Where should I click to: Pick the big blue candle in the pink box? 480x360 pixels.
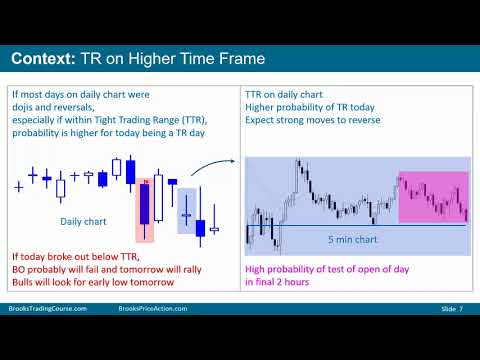(146, 206)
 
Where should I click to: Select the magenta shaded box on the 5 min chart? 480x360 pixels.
(432, 196)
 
